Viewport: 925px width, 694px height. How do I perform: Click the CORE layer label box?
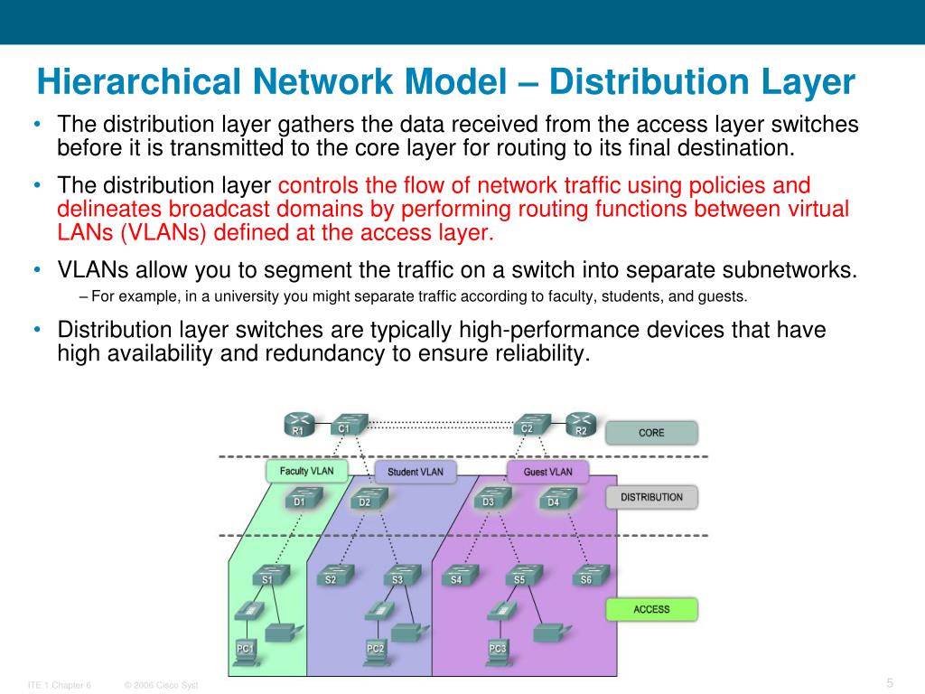click(651, 433)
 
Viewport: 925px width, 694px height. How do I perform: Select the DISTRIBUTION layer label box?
click(651, 497)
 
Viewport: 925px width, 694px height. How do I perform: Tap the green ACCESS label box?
click(651, 609)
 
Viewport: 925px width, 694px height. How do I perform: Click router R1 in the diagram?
click(298, 425)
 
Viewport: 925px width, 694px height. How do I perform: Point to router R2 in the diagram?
click(581, 425)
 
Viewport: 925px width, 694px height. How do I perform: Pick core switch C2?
click(529, 424)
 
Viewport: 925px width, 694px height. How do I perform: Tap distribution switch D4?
click(555, 498)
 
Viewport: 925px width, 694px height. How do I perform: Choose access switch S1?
click(269, 575)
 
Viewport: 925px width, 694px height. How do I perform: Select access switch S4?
click(458, 575)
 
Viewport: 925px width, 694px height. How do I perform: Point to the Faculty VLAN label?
click(307, 471)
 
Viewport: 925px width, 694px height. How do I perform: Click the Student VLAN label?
click(416, 472)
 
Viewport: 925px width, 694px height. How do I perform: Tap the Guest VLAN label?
click(548, 472)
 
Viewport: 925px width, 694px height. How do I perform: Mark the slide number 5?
click(890, 682)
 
